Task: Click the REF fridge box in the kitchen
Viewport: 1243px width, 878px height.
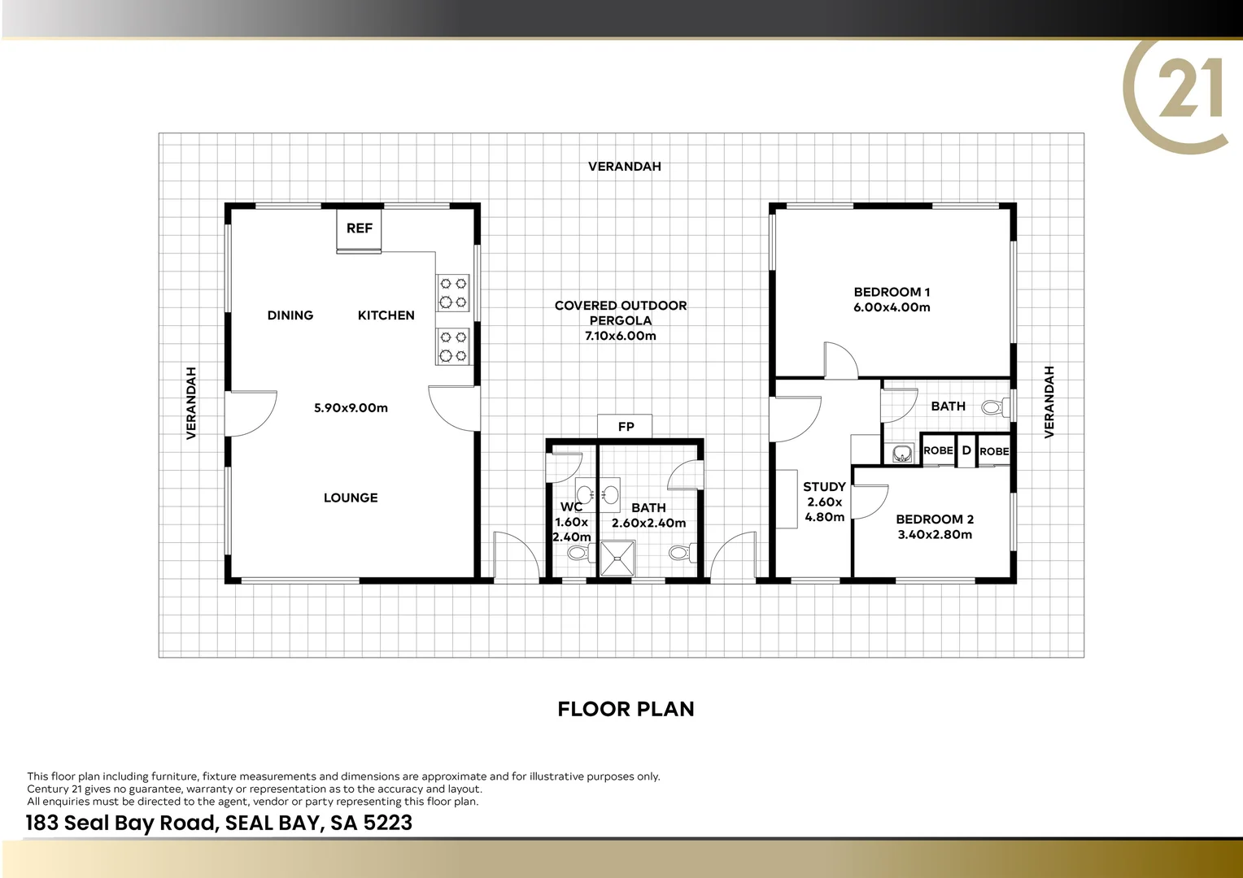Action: tap(359, 228)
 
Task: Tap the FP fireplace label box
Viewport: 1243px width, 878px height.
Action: tap(626, 427)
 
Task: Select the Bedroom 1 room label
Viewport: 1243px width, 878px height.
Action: tap(892, 292)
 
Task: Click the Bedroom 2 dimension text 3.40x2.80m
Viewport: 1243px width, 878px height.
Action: tap(935, 535)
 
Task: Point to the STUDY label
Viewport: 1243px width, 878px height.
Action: tap(824, 487)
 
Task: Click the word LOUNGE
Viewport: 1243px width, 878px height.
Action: tap(351, 498)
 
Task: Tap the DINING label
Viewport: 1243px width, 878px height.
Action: tap(290, 315)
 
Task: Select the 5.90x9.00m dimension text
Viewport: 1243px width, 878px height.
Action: tap(351, 408)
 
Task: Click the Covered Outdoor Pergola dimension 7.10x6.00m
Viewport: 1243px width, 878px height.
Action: tap(620, 336)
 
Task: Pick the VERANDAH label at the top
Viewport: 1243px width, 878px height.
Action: tap(624, 167)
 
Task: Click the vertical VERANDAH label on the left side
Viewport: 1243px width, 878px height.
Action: tap(192, 403)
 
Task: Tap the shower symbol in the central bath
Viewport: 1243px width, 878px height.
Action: tap(617, 558)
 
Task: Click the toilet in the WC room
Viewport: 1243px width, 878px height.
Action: tap(577, 554)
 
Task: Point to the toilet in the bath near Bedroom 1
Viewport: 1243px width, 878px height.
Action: tap(992, 406)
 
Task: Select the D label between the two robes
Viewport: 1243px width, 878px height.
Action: tap(966, 450)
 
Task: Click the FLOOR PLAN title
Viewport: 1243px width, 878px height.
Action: tap(626, 709)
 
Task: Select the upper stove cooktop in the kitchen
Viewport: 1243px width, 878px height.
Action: tap(453, 293)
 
